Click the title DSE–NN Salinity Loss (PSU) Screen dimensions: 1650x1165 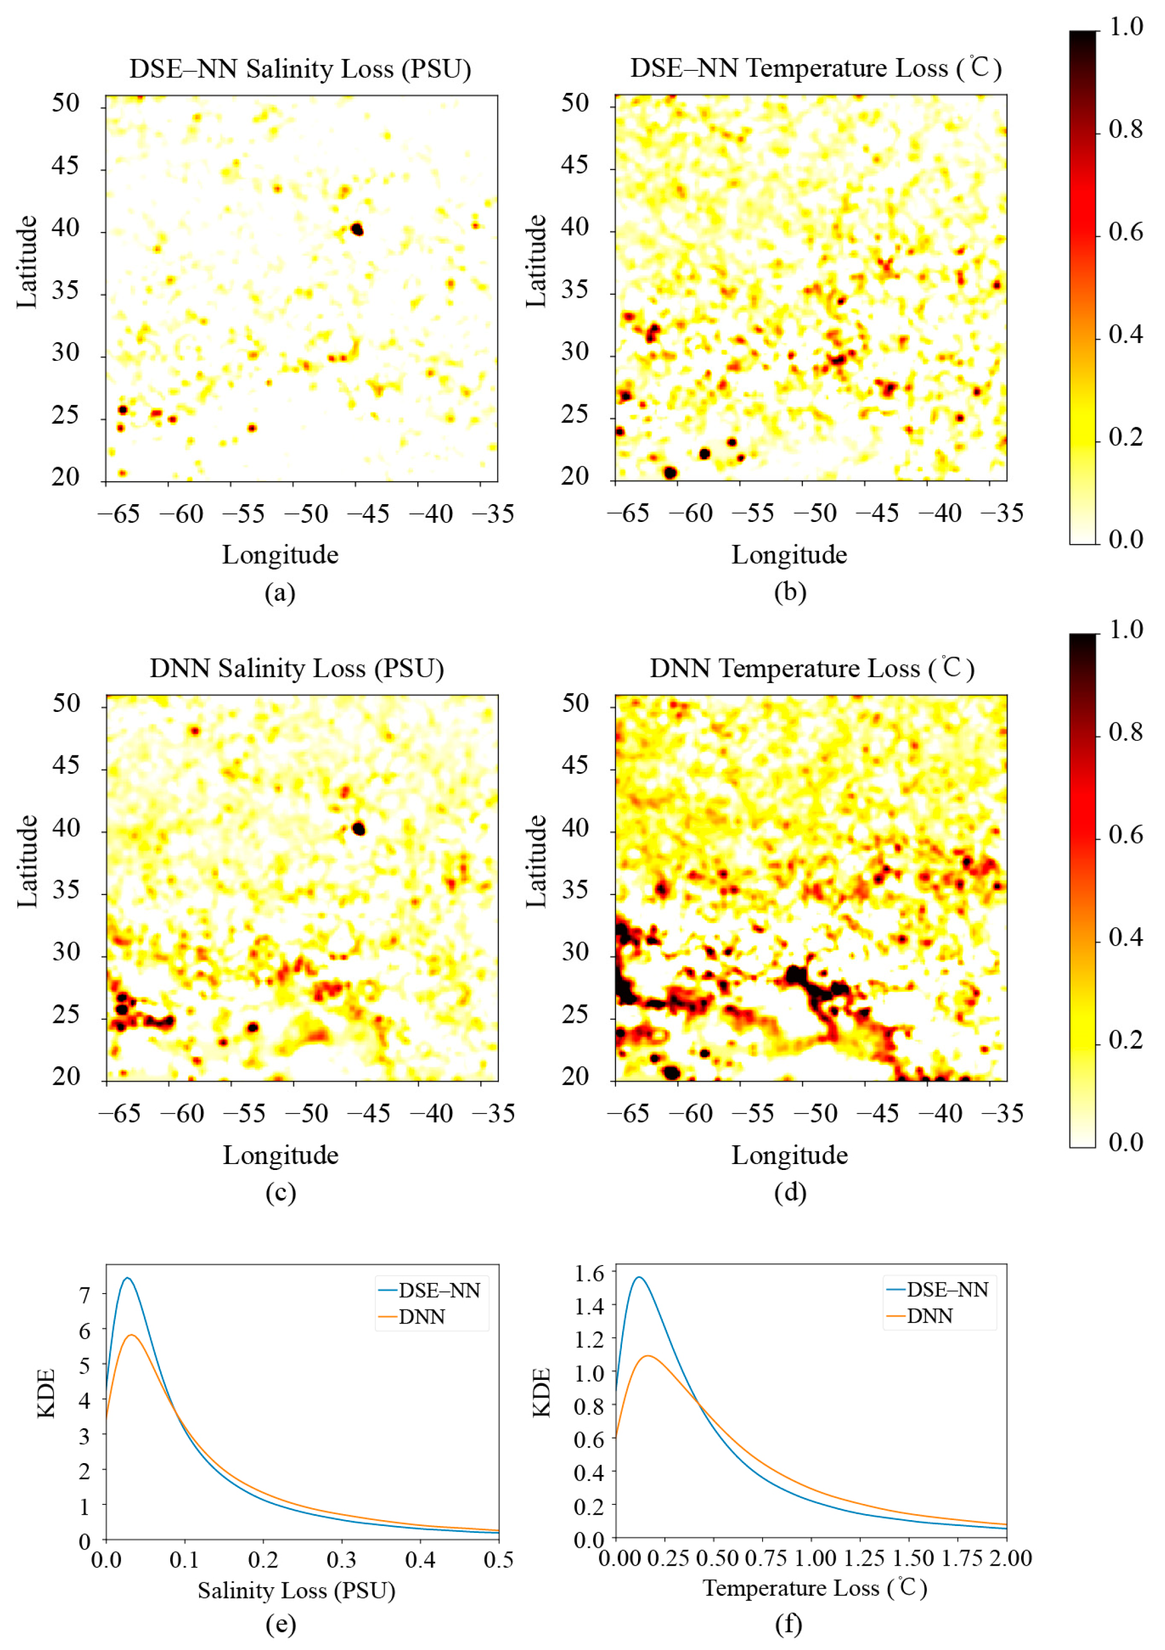(x=300, y=69)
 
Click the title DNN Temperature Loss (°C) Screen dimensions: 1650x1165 (x=812, y=668)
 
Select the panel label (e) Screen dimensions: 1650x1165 (x=280, y=1623)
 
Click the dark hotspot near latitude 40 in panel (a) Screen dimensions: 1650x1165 (x=357, y=229)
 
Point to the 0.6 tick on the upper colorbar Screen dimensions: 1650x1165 (x=1125, y=232)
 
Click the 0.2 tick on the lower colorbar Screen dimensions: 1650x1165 (x=1125, y=1040)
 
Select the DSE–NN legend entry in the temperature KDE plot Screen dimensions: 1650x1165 (x=946, y=1289)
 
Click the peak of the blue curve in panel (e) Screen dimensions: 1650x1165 (x=127, y=1278)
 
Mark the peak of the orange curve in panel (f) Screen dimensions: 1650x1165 (x=648, y=1355)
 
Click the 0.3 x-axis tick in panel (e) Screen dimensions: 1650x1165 (x=342, y=1560)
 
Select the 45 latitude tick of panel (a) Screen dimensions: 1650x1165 (x=66, y=166)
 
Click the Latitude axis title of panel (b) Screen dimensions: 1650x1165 (x=536, y=261)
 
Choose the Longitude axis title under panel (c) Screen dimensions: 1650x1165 (x=280, y=1155)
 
